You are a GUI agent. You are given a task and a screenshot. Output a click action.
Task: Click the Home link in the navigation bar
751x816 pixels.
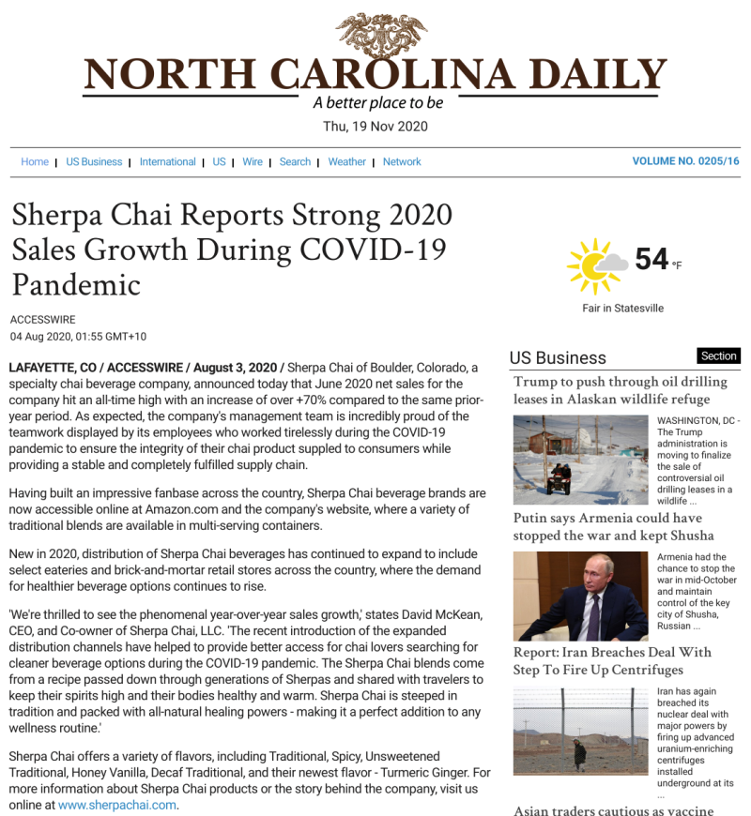pyautogui.click(x=35, y=161)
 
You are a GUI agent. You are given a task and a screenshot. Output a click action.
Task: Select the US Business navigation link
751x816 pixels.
pyautogui.click(x=94, y=161)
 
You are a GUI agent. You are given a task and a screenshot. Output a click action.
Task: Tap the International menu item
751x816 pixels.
pyautogui.click(x=168, y=161)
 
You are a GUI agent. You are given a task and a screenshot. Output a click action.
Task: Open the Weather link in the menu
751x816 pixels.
pyautogui.click(x=346, y=161)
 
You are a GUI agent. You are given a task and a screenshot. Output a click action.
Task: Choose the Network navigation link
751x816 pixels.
pyautogui.click(x=402, y=161)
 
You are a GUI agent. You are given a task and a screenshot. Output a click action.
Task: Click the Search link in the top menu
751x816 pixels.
pyautogui.click(x=295, y=161)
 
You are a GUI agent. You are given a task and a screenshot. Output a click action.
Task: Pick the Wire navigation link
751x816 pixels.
pyautogui.click(x=253, y=161)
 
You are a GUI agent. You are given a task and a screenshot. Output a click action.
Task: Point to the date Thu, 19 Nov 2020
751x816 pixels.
pyautogui.click(x=375, y=126)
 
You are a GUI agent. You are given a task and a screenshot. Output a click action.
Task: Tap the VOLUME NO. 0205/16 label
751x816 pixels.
pyautogui.click(x=685, y=161)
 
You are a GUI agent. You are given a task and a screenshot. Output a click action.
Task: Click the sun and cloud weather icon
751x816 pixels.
pyautogui.click(x=596, y=264)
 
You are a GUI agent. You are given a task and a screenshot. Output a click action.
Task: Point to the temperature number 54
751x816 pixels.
pyautogui.click(x=651, y=259)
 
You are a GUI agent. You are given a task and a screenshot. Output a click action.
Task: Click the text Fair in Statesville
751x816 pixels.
pyautogui.click(x=622, y=308)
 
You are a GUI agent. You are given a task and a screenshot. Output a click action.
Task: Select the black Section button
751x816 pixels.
pyautogui.click(x=719, y=356)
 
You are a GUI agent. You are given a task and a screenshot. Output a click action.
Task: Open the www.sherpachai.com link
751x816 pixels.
pyautogui.click(x=117, y=805)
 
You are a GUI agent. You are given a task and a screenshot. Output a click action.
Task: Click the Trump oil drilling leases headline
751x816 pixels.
pyautogui.click(x=620, y=390)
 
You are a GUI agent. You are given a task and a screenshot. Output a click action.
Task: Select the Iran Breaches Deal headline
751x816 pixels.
pyautogui.click(x=612, y=660)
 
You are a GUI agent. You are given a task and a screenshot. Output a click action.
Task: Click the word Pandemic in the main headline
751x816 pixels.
pyautogui.click(x=76, y=284)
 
